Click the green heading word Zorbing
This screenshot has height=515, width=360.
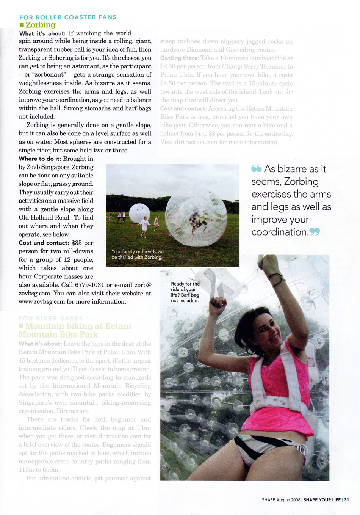point(41,25)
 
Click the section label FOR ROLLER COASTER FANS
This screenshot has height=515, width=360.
point(68,17)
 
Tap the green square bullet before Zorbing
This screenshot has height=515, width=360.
point(22,25)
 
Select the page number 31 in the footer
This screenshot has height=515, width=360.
point(346,500)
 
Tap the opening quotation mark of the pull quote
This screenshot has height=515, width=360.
point(257,169)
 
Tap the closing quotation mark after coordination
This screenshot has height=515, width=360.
point(315,231)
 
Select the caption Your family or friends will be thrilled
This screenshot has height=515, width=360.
point(138,254)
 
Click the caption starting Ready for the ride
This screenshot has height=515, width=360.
point(185,292)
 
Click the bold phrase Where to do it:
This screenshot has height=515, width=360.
point(40,159)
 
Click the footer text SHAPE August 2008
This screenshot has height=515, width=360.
point(281,500)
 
